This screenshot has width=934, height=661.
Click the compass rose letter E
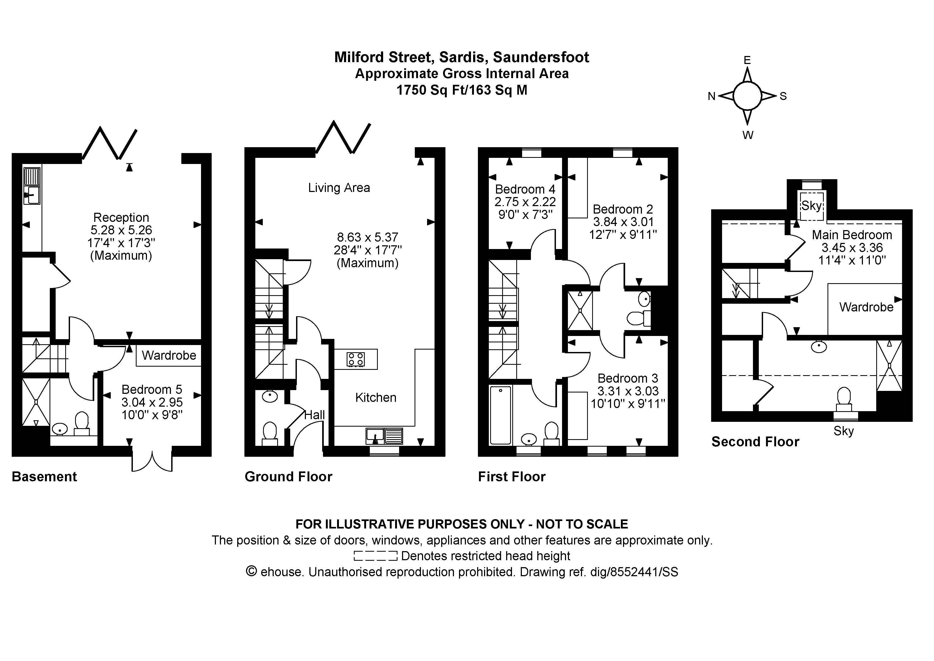click(747, 60)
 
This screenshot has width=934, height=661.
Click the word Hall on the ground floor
click(314, 415)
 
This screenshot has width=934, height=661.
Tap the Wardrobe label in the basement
click(169, 355)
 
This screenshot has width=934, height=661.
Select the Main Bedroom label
click(852, 235)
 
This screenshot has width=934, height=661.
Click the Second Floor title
click(755, 442)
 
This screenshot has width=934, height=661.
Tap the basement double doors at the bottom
click(152, 459)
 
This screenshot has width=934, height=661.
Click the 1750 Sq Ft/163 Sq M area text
click(462, 90)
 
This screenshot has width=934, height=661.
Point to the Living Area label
click(339, 188)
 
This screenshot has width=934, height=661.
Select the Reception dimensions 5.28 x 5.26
click(121, 230)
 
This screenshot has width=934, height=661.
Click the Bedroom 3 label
click(628, 378)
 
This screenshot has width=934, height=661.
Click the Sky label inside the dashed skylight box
click(812, 206)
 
